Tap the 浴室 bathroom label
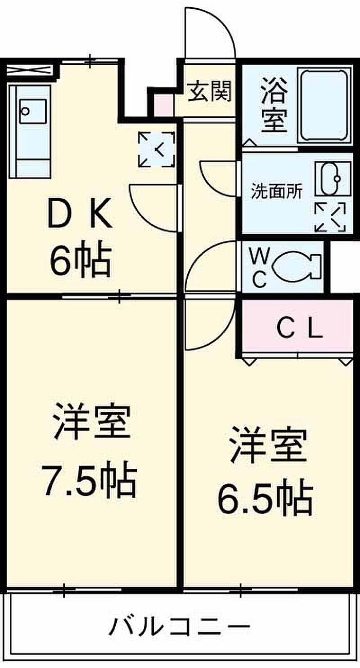coord(274,104)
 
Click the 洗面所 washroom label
coord(277,191)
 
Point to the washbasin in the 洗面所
coord(333,179)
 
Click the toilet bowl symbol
coord(297,267)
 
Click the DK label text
coord(80,213)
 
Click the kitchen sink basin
coord(32,111)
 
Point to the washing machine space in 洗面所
coord(330,217)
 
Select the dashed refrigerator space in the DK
coord(156,149)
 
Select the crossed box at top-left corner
coord(29,71)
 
